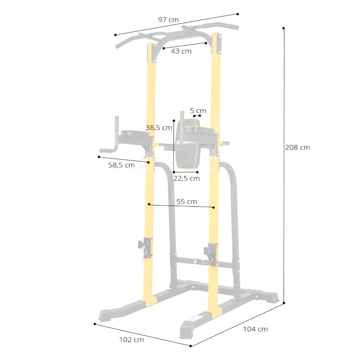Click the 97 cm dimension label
point(168,20)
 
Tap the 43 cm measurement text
point(181,51)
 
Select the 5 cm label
point(198,111)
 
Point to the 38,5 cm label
point(159,128)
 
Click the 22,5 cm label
point(186,179)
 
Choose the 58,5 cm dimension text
point(121,165)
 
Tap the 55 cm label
point(186,202)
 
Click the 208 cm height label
point(298,147)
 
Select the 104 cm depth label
point(256,329)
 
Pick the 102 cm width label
point(131,340)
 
